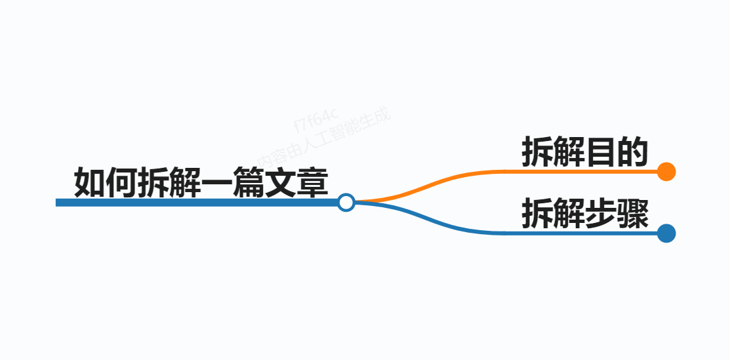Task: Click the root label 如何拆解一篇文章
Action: click(x=200, y=183)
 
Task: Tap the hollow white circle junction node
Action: click(x=346, y=202)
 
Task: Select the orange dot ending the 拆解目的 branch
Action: click(x=666, y=171)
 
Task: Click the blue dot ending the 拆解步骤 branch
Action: click(x=666, y=233)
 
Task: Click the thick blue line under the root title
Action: click(x=197, y=203)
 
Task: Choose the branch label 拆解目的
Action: click(x=584, y=153)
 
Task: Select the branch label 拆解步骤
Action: click(x=584, y=214)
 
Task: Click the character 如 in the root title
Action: click(x=90, y=183)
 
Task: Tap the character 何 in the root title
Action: click(x=121, y=183)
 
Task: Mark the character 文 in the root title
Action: click(x=280, y=183)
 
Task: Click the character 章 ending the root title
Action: click(x=312, y=183)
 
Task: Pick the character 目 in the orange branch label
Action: click(x=600, y=153)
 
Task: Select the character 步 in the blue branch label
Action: click(x=600, y=214)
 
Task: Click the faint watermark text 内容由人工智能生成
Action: click(x=325, y=138)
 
